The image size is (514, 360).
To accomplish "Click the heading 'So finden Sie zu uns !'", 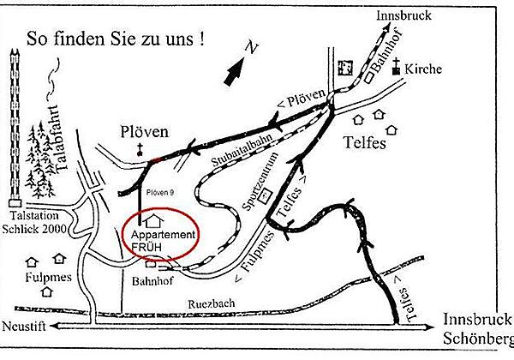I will tap(116, 39).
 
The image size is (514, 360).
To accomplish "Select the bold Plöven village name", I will tap(143, 132).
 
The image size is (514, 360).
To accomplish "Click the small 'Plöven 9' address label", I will tap(162, 192).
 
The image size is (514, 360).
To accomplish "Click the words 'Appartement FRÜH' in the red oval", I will tap(159, 241).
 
